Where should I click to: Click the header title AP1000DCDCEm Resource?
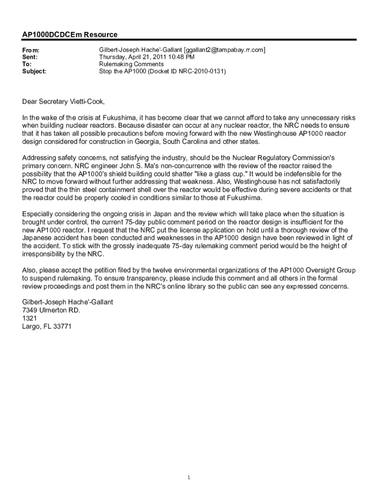click(x=70, y=35)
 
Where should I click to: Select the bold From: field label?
click(x=31, y=50)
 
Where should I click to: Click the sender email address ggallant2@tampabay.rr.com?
click(x=225, y=50)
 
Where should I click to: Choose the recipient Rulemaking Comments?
click(x=132, y=64)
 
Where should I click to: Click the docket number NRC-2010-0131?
click(x=201, y=71)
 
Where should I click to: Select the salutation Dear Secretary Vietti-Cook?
click(x=63, y=102)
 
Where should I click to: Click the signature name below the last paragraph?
click(x=68, y=302)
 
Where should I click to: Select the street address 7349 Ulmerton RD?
click(x=51, y=310)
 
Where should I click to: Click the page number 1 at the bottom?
click(x=189, y=477)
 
